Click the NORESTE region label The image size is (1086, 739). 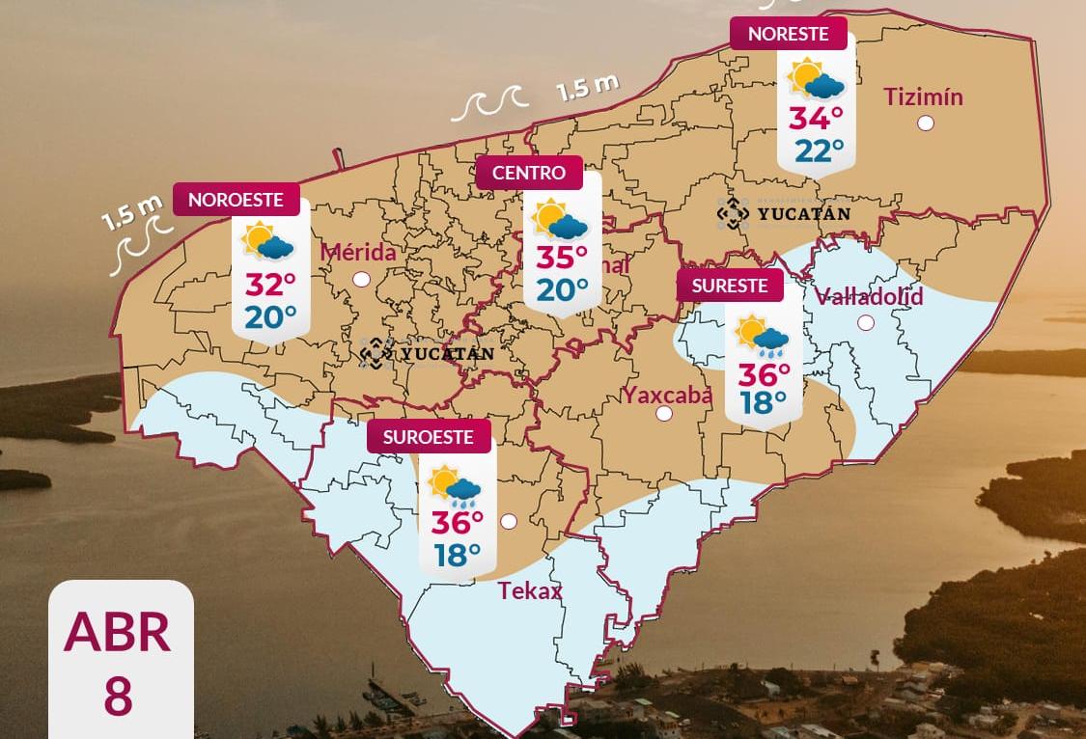[x=788, y=34]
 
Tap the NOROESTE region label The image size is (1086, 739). [x=236, y=200]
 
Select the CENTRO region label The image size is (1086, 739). [x=529, y=174]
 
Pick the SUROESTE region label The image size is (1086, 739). [x=429, y=437]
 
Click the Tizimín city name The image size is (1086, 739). [x=923, y=96]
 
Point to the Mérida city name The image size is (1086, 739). [x=358, y=253]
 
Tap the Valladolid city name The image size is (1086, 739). [x=869, y=296]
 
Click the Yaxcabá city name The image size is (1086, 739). [x=667, y=394]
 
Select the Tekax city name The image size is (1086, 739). [x=529, y=590]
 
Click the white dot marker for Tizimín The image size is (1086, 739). [x=926, y=123]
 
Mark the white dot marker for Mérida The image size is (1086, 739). [x=362, y=279]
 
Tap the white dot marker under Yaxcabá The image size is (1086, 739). [x=663, y=414]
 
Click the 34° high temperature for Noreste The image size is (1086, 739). [x=816, y=119]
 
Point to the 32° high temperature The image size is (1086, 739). [x=269, y=286]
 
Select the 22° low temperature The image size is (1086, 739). [x=819, y=151]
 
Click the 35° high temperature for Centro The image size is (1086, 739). [x=562, y=259]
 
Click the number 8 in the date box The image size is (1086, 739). [x=118, y=698]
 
